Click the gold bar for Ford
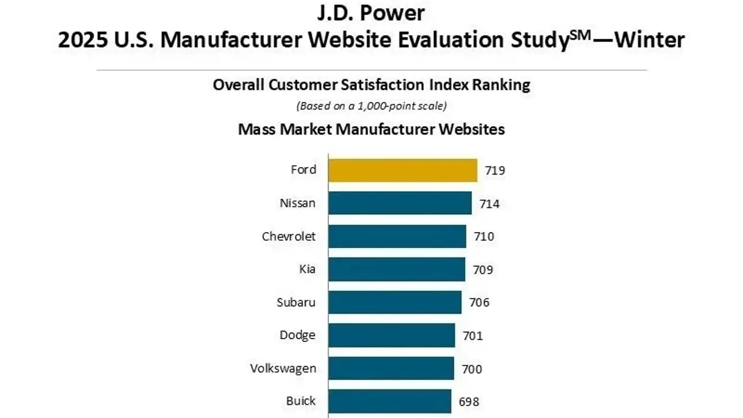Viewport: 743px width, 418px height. click(x=403, y=170)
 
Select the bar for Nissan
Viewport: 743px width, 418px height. click(x=400, y=203)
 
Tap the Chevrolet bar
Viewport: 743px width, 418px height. click(x=397, y=236)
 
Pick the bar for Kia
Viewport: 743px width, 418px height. click(x=397, y=269)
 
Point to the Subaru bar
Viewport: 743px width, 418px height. click(x=395, y=302)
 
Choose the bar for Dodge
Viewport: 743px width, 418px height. click(x=392, y=335)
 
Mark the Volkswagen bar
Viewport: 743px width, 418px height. click(x=391, y=368)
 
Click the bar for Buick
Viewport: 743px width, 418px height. click(x=390, y=401)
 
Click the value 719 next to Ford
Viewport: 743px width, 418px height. click(x=495, y=171)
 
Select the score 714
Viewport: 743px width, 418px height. click(x=488, y=204)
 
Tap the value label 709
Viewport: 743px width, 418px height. click(x=483, y=269)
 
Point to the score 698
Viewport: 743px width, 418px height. click(x=469, y=402)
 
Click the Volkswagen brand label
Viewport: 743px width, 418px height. click(x=283, y=368)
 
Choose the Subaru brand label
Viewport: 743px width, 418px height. click(x=296, y=302)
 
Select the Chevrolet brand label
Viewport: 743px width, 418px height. click(x=289, y=237)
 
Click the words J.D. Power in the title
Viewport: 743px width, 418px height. click(x=371, y=13)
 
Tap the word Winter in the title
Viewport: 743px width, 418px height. click(x=650, y=40)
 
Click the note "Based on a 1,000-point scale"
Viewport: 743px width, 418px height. click(x=371, y=106)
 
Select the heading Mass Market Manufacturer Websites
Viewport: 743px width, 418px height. click(x=371, y=130)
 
